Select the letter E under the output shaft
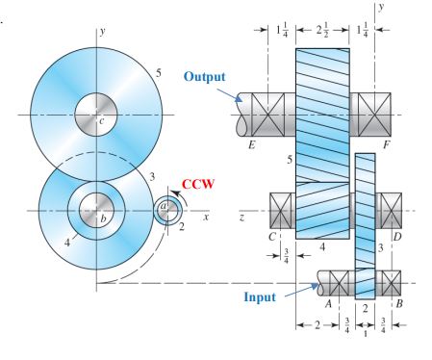251,148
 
